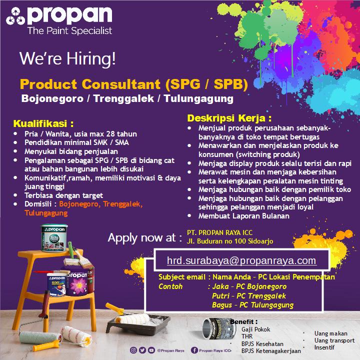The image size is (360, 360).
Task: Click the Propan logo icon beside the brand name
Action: [15, 16]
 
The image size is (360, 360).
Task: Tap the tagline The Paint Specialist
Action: [70, 31]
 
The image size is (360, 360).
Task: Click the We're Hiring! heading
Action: [67, 58]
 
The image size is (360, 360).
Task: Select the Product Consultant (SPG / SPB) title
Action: [134, 84]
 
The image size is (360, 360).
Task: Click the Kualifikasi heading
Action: [43, 123]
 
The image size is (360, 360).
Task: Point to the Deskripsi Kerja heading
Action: [229, 118]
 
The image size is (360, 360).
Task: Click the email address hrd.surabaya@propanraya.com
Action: [241, 260]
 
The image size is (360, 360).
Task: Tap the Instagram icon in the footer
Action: [133, 350]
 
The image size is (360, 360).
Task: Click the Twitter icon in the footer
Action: [142, 350]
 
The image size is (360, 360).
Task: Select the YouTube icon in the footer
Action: [151, 350]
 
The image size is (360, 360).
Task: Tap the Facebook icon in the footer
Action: [194, 350]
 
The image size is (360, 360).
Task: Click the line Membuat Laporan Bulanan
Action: [244, 216]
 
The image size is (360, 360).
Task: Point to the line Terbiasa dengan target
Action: [63, 195]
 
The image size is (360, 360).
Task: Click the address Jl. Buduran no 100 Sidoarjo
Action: [230, 241]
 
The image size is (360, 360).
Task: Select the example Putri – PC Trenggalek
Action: [249, 296]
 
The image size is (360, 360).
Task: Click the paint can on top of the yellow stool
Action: [54, 238]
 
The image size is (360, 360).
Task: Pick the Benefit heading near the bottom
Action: [243, 321]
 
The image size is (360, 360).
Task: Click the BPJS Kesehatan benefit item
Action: [262, 344]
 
